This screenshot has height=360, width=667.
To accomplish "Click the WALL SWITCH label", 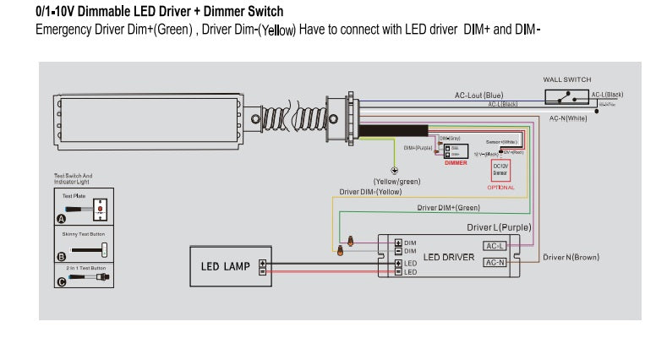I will click(x=566, y=79).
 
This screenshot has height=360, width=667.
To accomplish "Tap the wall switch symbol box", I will click(x=568, y=97).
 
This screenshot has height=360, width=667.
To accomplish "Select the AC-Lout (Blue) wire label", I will click(x=478, y=95).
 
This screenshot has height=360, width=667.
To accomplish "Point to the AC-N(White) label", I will click(x=568, y=118).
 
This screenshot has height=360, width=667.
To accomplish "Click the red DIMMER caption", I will click(x=456, y=162).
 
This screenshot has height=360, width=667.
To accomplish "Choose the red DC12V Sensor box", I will click(x=500, y=170).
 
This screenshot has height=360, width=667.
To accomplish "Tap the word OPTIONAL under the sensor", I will click(x=500, y=188).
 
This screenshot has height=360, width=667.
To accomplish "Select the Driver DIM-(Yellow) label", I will click(x=370, y=192).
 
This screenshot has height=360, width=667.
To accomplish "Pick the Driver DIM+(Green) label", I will click(x=448, y=207).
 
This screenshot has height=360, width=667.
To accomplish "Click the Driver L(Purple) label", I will click(x=498, y=227).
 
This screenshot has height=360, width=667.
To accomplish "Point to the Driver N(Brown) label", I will click(x=571, y=257).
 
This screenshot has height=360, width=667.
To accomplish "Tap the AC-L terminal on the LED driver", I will click(x=495, y=246).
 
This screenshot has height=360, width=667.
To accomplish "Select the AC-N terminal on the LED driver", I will click(x=495, y=263).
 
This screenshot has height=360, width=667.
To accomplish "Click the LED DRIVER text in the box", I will click(x=448, y=257).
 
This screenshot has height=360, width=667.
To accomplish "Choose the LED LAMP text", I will click(x=225, y=266).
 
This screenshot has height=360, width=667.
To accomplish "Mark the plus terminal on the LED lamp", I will click(x=262, y=263).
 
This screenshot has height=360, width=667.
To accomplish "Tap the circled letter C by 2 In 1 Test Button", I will click(x=61, y=282).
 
